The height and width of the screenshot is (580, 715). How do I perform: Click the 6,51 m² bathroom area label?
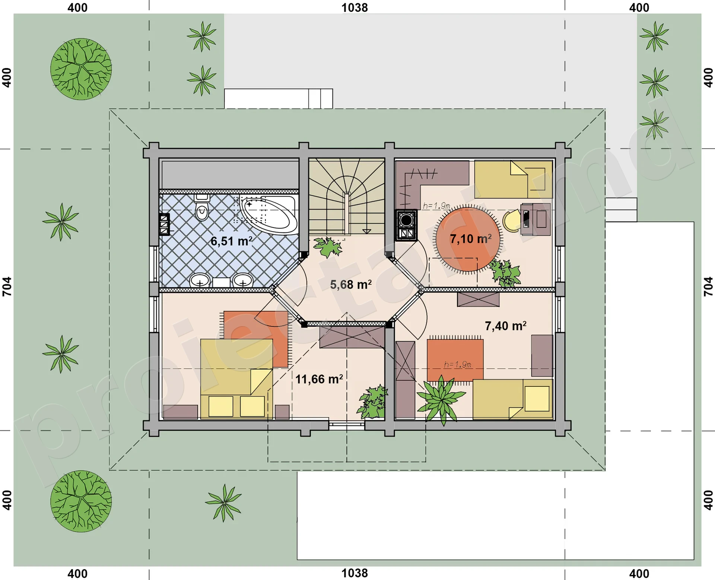[x=232, y=241]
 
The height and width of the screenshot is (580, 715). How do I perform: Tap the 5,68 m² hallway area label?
[x=351, y=285]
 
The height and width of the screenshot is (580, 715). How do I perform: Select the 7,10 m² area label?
[x=471, y=239]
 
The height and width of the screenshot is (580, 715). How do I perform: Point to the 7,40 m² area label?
[x=506, y=326]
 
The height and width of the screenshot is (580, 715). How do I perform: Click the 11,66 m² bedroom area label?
[x=319, y=379]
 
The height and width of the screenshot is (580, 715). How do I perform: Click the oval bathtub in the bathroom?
[x=269, y=214]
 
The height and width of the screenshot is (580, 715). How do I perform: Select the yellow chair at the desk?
[x=512, y=221]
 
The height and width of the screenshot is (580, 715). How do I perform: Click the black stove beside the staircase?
[x=406, y=225]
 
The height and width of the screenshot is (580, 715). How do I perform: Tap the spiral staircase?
[x=347, y=196]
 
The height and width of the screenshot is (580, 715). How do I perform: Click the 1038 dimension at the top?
[x=355, y=8]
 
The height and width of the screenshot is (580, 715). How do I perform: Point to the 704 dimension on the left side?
[x=7, y=287]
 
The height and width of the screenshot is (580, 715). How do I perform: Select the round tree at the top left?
[x=81, y=69]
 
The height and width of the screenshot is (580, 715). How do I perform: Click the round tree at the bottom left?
[x=81, y=501]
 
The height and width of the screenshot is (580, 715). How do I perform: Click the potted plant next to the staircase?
[x=328, y=247]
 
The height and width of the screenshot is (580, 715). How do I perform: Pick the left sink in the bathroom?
[x=200, y=281]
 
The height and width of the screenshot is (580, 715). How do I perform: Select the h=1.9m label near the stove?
[x=436, y=205]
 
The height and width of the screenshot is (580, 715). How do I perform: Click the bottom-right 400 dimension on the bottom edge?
[x=639, y=574]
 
